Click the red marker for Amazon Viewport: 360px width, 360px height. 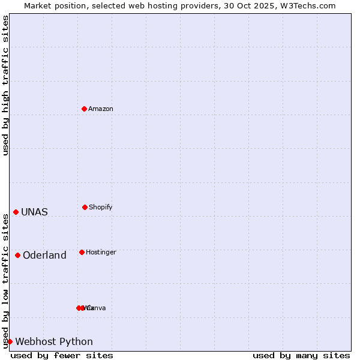[84, 109]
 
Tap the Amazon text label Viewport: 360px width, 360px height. [101, 109]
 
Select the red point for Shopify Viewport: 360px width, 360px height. [85, 207]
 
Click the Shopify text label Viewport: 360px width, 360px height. [101, 207]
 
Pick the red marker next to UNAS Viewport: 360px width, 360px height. [16, 212]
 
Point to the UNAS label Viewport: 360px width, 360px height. [34, 212]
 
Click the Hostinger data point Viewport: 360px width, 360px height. [82, 252]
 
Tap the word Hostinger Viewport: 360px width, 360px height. [101, 252]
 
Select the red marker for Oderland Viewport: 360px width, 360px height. [17, 255]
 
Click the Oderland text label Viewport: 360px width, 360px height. [44, 255]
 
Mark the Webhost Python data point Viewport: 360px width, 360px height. [10, 341]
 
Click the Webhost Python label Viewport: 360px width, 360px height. [54, 341]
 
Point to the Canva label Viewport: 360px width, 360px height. [97, 308]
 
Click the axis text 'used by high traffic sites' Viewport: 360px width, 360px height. [5, 85]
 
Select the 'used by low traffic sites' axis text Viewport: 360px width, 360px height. [5, 281]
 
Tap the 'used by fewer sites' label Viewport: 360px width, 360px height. [62, 355]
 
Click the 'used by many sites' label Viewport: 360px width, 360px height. [301, 355]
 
